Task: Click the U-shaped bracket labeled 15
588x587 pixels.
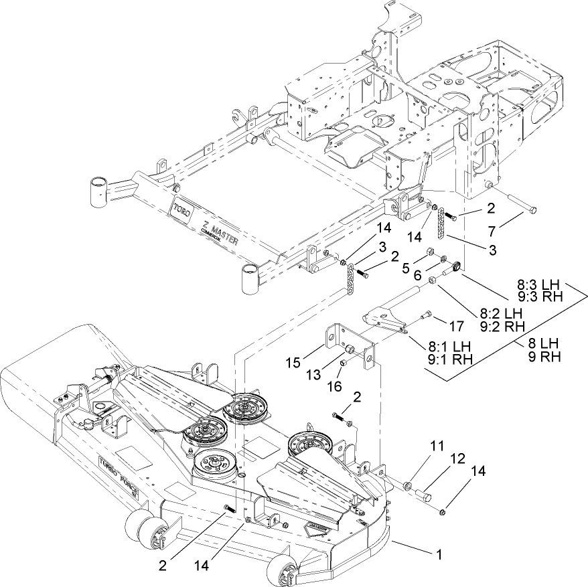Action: tap(348, 343)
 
